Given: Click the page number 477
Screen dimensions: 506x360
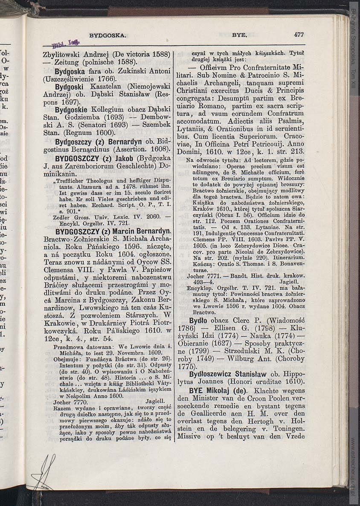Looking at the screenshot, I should click(x=299, y=35).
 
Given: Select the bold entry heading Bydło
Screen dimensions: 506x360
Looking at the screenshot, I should click(x=199, y=320).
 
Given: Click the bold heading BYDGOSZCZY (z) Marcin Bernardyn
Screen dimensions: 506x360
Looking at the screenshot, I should click(x=107, y=231).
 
